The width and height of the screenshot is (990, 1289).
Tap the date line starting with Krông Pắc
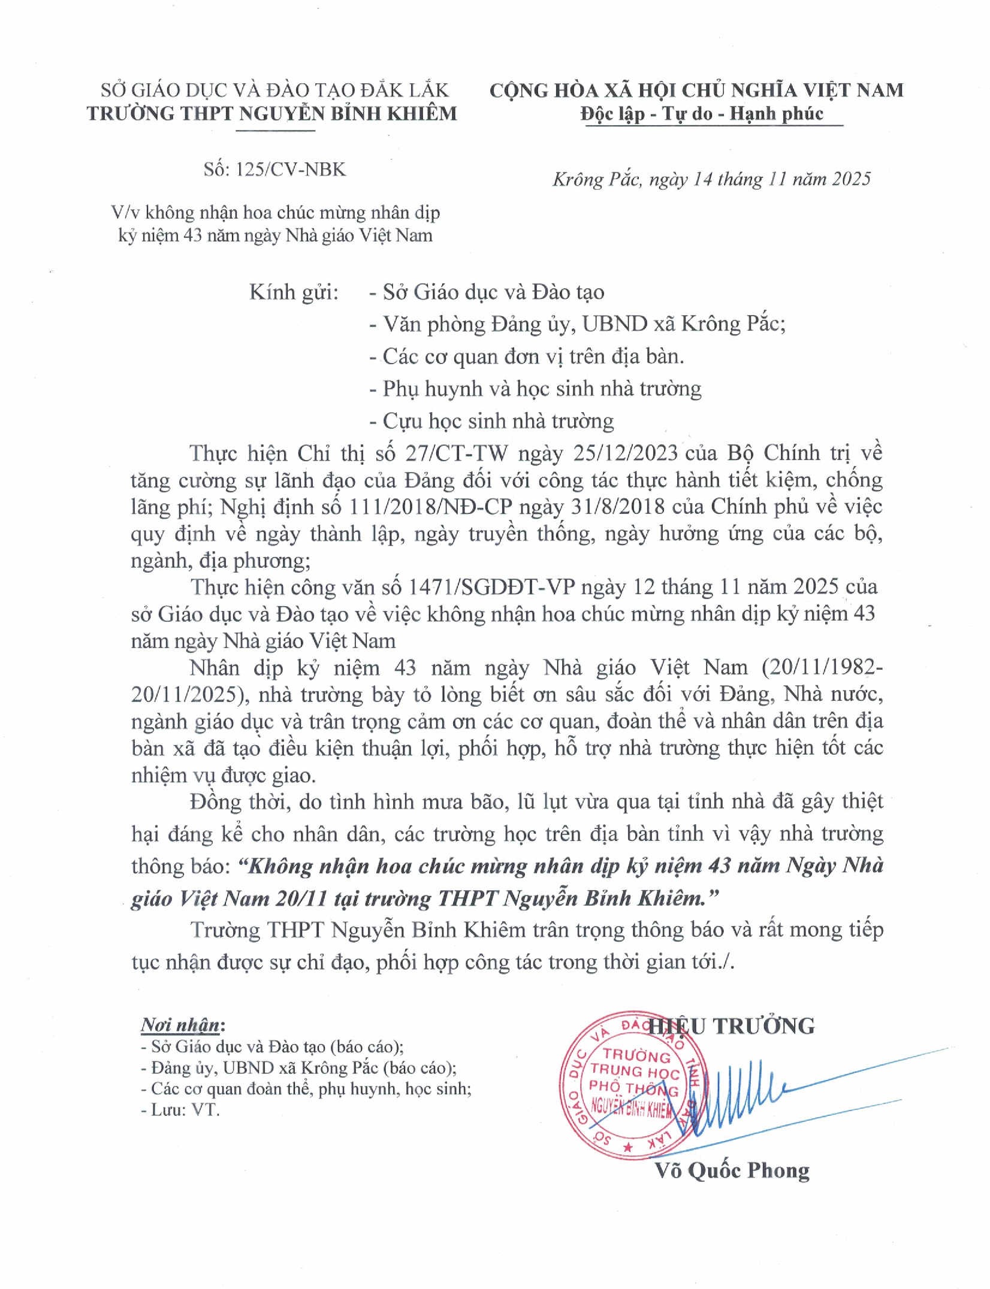point(711,179)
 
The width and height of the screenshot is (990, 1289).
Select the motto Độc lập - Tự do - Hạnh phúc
point(702,114)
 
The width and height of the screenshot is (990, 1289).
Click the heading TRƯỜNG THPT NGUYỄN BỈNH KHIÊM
point(272,114)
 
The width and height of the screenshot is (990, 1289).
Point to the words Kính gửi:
point(294,292)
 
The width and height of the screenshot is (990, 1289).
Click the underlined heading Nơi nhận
point(180,1025)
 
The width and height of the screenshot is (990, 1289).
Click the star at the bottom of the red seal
point(628,1148)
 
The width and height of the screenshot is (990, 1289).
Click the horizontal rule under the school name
point(275,130)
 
